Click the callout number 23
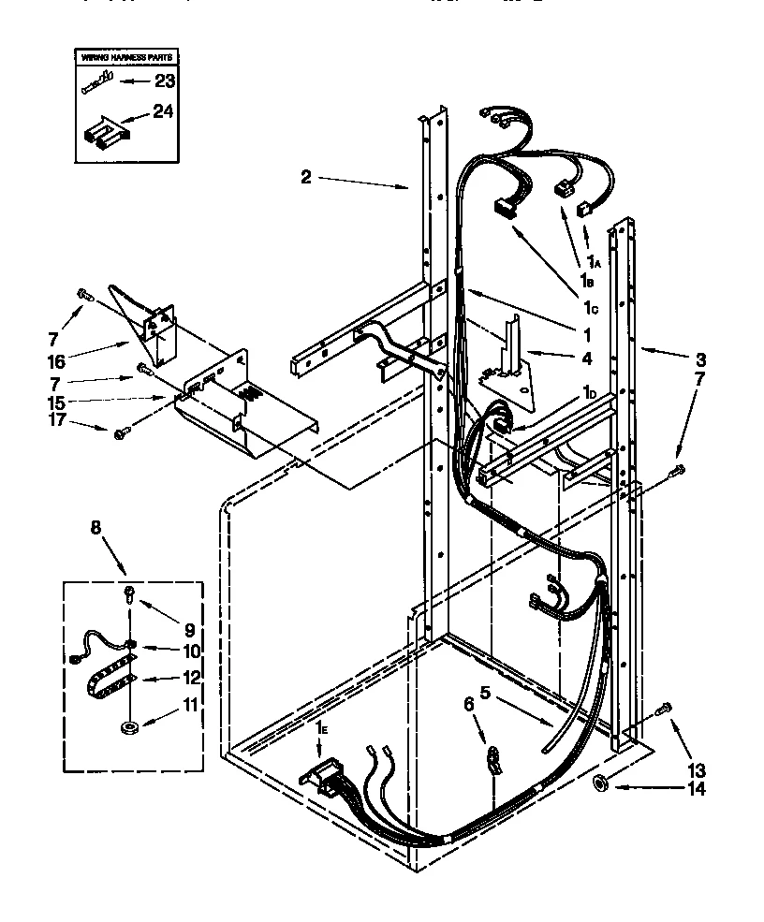164,81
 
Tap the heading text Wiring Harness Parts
125,58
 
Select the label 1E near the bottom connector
321,727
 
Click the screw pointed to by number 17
121,433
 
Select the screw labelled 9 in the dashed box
129,592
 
